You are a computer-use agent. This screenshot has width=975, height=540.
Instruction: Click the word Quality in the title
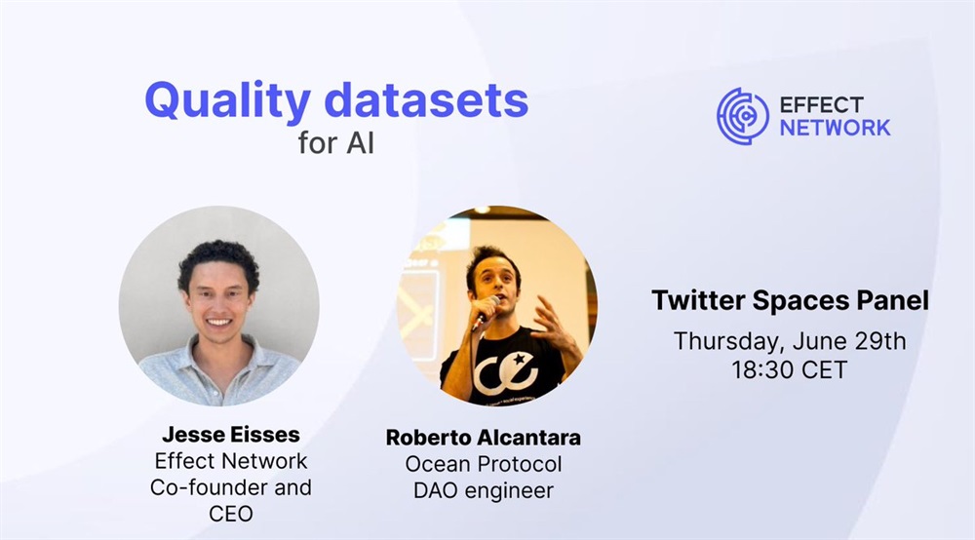(227, 100)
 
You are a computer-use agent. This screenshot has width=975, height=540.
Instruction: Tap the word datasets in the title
(427, 99)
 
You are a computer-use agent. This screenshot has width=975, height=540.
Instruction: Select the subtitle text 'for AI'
(335, 142)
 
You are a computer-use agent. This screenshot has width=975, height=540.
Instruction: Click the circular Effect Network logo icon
(742, 116)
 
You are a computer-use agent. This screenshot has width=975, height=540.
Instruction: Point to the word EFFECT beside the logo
(821, 104)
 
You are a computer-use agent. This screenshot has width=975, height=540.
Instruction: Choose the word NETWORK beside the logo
(836, 128)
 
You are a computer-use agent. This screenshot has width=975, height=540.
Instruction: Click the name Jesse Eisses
(231, 435)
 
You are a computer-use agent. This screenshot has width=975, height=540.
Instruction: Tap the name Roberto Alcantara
(484, 438)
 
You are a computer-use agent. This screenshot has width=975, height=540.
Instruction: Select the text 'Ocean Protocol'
(484, 464)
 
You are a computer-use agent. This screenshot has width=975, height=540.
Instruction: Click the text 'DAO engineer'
(484, 491)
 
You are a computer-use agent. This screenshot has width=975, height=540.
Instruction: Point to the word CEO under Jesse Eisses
(231, 514)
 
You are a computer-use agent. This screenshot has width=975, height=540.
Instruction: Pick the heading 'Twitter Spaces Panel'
(790, 300)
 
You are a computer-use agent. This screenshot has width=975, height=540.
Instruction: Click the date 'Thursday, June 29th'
(790, 341)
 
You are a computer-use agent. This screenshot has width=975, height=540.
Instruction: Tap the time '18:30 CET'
(790, 369)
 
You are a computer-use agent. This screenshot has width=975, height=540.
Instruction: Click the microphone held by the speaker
(487, 312)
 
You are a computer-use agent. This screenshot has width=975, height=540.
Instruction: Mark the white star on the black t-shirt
(518, 359)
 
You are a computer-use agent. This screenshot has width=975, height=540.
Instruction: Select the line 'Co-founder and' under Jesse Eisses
(231, 487)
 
